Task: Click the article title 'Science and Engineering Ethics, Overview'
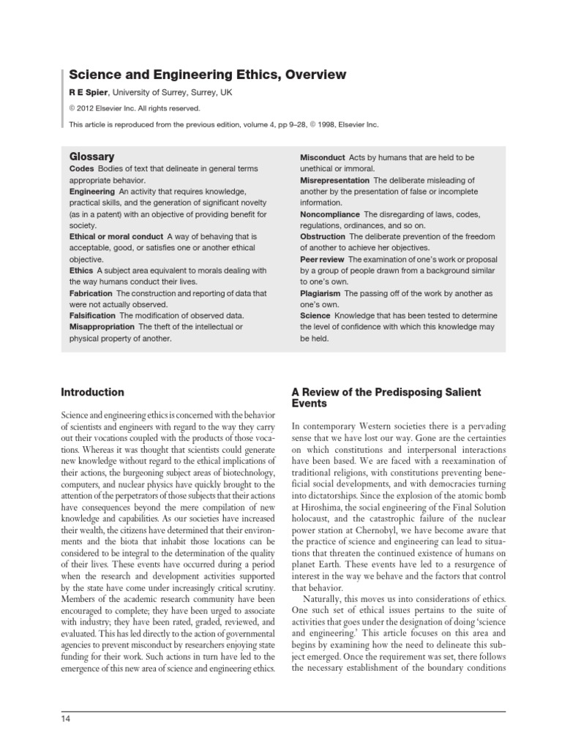pos(208,75)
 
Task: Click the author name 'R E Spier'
pos(88,94)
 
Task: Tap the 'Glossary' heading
pos(91,157)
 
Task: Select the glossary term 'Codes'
pos(83,168)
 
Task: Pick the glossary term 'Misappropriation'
pos(102,327)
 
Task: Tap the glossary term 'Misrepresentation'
pos(334,180)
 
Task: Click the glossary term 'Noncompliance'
pos(329,214)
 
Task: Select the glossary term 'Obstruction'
pos(323,236)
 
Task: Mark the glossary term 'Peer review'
pos(323,259)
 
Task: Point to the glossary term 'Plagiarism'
pos(321,293)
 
